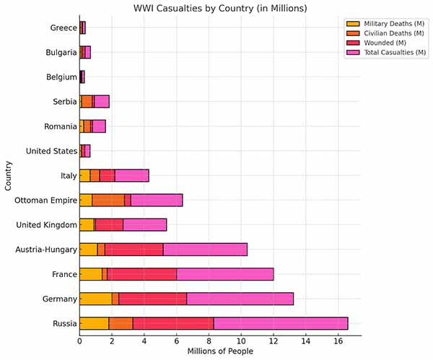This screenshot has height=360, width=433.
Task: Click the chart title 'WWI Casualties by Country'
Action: pyautogui.click(x=220, y=9)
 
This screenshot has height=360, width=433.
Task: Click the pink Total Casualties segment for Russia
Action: pyautogui.click(x=281, y=323)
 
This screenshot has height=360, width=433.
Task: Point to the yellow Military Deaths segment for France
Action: pyautogui.click(x=90, y=274)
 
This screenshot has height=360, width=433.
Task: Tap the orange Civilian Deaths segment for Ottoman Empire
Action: pyautogui.click(x=108, y=200)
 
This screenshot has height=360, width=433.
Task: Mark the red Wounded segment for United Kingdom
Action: pyautogui.click(x=109, y=225)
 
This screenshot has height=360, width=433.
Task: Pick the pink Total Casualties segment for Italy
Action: pyautogui.click(x=131, y=175)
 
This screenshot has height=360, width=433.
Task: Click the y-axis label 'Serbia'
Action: pyautogui.click(x=64, y=102)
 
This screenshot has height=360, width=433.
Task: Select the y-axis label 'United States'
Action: pyautogui.click(x=51, y=151)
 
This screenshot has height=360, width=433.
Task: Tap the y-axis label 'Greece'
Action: pyautogui.click(x=64, y=28)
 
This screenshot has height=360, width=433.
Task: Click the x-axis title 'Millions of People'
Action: pyautogui.click(x=220, y=351)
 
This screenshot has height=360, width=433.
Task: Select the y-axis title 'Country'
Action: pyautogui.click(x=8, y=176)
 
